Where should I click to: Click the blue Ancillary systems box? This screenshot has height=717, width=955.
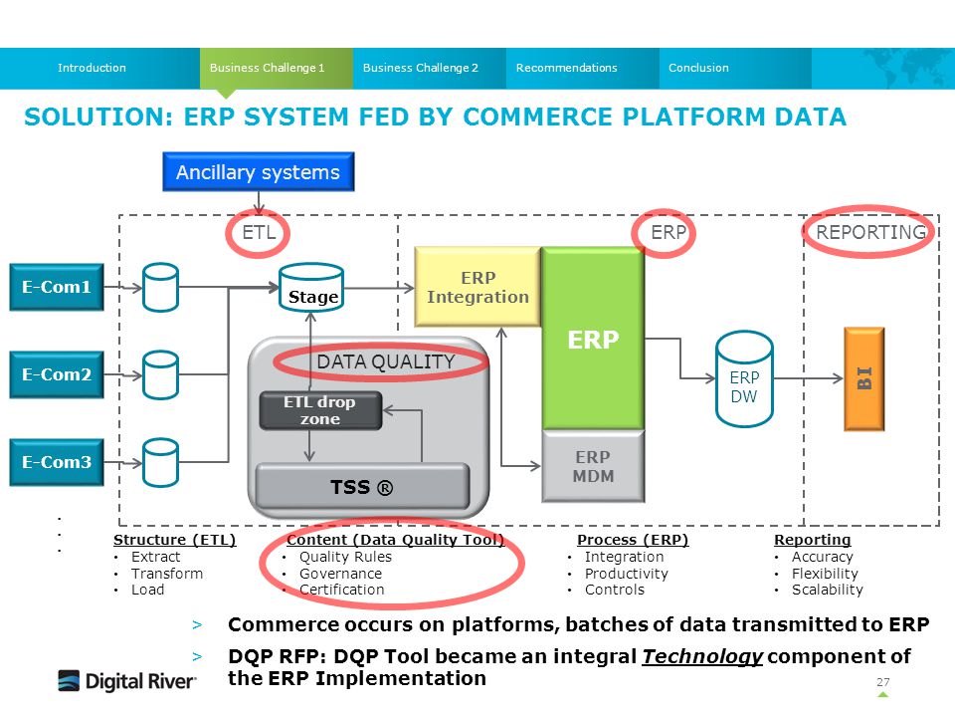click(259, 172)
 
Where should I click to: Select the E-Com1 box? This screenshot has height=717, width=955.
click(57, 287)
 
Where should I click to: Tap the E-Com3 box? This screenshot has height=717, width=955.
click(57, 462)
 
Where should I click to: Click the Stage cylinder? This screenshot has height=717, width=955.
click(311, 288)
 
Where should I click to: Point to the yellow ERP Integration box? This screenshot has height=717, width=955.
click(477, 287)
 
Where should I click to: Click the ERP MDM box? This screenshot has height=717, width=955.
click(593, 466)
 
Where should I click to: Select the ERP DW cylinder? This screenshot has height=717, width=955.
click(744, 379)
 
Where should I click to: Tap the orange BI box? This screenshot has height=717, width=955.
click(864, 379)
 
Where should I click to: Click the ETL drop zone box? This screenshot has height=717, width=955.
click(320, 411)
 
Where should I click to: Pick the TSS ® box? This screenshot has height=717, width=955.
click(362, 487)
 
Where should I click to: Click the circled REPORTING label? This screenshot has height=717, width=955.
click(870, 232)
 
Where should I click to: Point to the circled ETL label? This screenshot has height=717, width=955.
click(259, 232)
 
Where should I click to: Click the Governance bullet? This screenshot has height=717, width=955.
click(340, 574)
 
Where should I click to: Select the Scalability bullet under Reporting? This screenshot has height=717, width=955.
click(827, 591)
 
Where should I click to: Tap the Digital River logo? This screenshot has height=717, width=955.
click(127, 681)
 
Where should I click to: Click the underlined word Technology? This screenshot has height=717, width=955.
click(702, 656)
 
